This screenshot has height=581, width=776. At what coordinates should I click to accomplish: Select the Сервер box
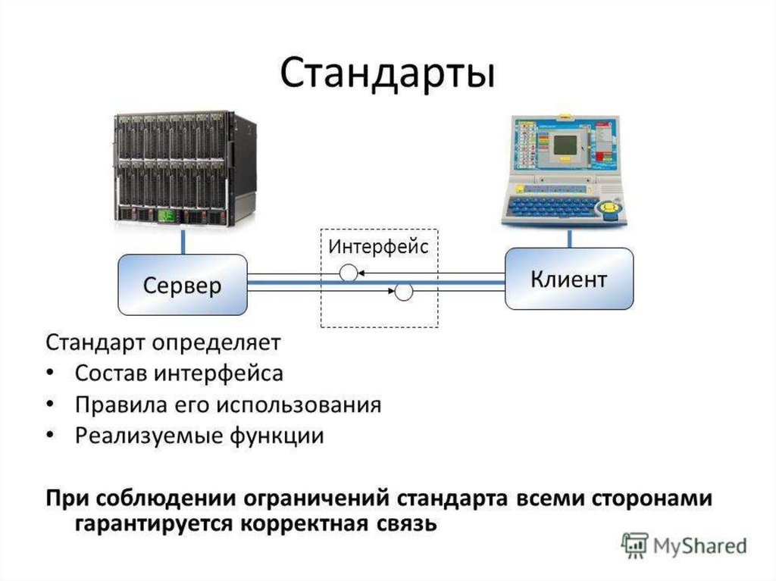click(x=183, y=285)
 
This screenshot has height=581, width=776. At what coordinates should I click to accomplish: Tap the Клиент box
click(x=568, y=279)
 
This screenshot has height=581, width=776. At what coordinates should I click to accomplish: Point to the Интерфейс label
click(x=378, y=246)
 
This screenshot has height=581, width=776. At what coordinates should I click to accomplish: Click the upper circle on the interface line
click(x=348, y=273)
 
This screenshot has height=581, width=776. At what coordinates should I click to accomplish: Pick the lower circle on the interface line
click(x=403, y=291)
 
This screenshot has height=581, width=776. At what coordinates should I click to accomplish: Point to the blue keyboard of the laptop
click(x=552, y=204)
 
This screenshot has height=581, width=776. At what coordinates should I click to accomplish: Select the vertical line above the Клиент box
click(x=568, y=236)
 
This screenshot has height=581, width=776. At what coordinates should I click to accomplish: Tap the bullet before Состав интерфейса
click(x=50, y=373)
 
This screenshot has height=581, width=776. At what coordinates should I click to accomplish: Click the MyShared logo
click(x=684, y=545)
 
